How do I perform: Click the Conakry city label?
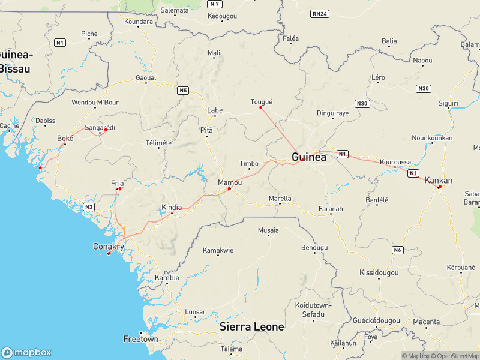(109, 246)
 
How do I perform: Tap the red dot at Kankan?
(440, 187)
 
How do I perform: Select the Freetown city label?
(141, 339)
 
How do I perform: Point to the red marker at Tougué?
(260, 108)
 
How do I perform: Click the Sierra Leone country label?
(251, 327)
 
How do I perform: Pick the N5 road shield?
(183, 91)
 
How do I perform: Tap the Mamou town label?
(230, 182)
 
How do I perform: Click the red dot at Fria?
(119, 189)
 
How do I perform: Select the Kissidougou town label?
(379, 272)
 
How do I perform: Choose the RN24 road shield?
(320, 14)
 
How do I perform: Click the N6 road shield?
(397, 250)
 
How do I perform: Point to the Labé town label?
(215, 110)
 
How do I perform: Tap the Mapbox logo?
(26, 352)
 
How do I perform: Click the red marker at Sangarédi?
(105, 129)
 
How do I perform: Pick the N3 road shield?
(89, 207)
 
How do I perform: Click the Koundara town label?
(139, 22)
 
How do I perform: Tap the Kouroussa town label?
(395, 162)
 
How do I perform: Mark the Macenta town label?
(427, 322)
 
